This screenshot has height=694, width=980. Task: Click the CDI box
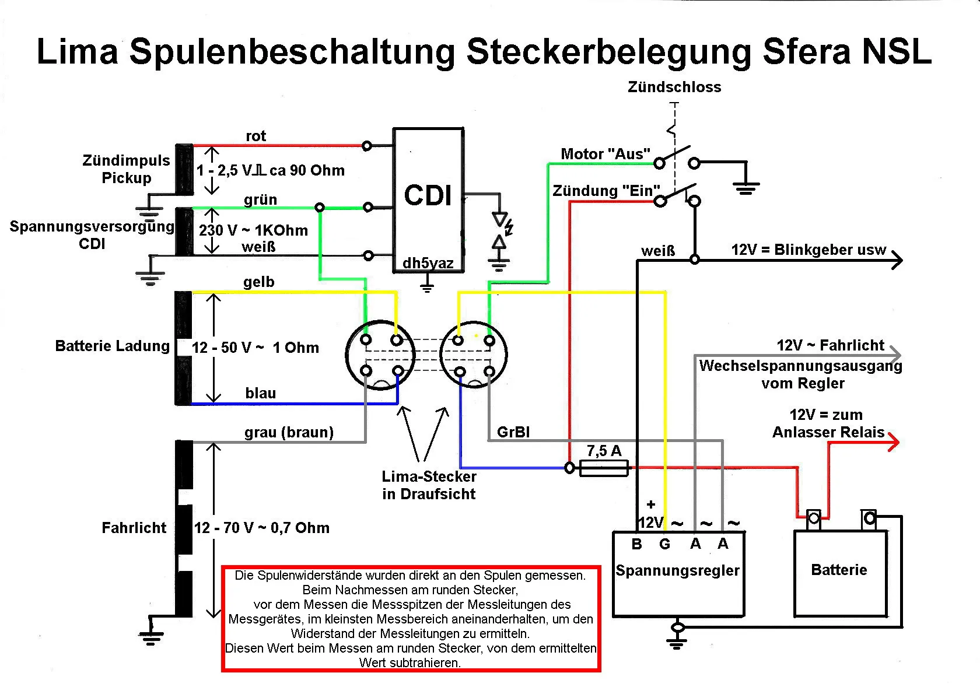[428, 198]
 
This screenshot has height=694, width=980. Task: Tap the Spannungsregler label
[677, 570]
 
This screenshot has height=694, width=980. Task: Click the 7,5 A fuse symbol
[604, 468]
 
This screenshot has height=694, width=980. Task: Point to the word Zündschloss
[674, 87]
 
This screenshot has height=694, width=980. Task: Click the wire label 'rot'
[256, 136]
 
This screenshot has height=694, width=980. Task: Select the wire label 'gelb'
[258, 282]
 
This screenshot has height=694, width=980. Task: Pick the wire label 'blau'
[260, 393]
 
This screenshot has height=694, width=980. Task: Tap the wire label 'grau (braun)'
[289, 432]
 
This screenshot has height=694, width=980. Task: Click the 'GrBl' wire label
[513, 432]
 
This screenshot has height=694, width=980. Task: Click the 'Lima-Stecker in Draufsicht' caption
[429, 485]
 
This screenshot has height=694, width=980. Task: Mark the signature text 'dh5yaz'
[428, 263]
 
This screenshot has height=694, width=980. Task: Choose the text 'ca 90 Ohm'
[307, 170]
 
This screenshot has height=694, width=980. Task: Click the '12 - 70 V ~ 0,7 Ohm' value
[261, 528]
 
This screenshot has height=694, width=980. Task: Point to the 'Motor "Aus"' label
[605, 154]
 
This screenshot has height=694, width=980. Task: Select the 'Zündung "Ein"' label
[606, 191]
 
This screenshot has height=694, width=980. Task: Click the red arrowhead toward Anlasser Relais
[893, 442]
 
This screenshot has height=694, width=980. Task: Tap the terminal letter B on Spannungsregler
[636, 544]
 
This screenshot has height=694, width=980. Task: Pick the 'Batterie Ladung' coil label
[112, 346]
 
